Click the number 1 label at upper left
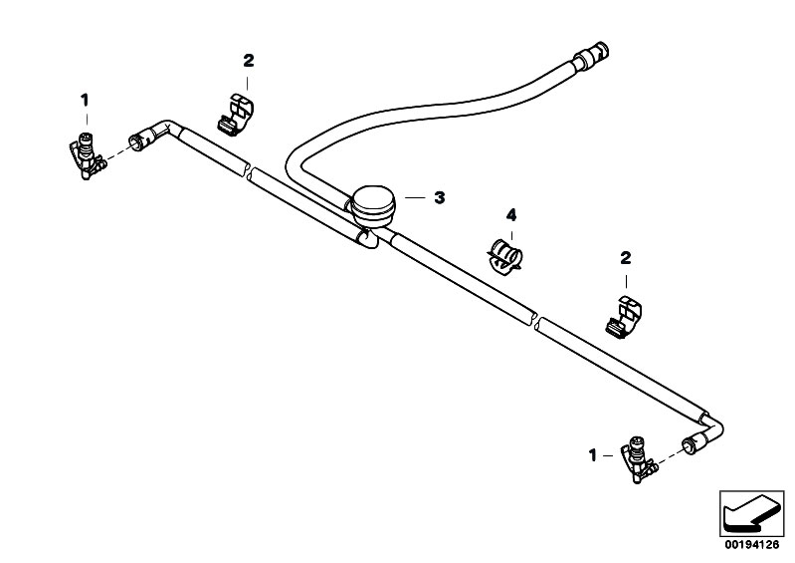click(x=85, y=100)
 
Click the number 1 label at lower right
click(x=594, y=454)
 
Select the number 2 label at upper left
click(x=249, y=61)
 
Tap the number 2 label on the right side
click(x=626, y=257)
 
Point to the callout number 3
click(x=439, y=197)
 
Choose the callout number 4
click(x=510, y=214)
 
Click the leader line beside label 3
click(x=414, y=197)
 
